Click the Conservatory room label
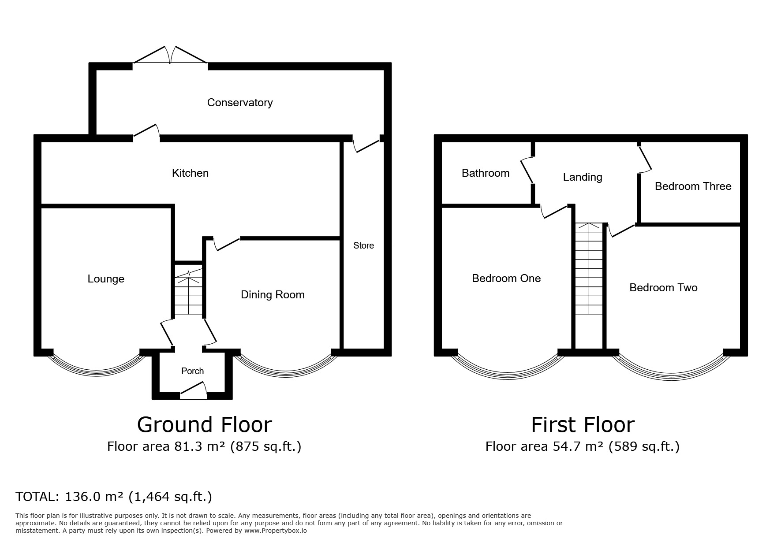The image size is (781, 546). point(240,103)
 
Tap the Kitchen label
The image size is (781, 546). point(190,173)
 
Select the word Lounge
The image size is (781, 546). point(106,279)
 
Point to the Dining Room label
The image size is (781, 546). point(273,295)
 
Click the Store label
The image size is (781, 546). point(363,245)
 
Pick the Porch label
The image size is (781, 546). point(193,371)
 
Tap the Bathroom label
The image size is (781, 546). point(486,173)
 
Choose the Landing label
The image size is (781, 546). point(583,177)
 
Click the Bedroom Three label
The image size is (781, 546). point(693,186)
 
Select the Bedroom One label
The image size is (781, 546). point(506,279)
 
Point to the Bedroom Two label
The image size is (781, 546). point(663,288)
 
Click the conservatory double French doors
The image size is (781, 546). point(170,55)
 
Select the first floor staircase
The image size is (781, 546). point(589,268)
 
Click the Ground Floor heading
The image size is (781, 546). point(205,425)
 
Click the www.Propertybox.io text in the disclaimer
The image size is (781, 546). point(276,531)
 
